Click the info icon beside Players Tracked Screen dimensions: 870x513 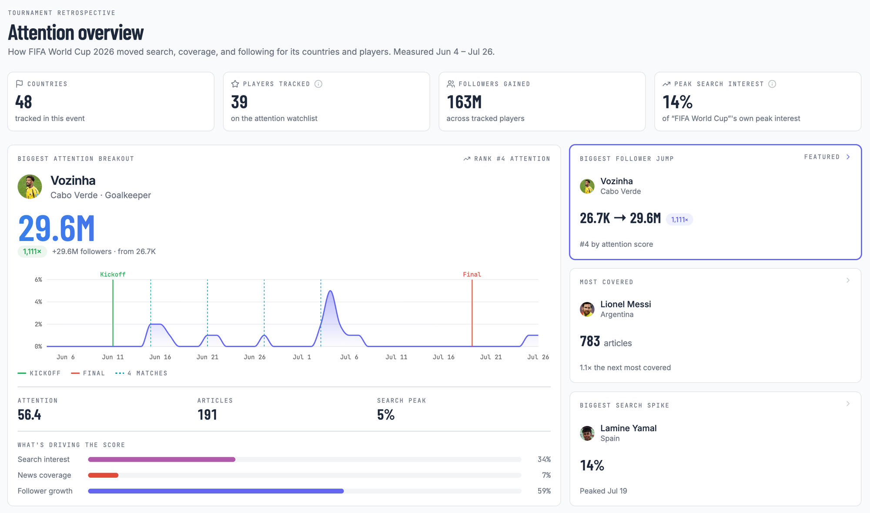click(x=318, y=84)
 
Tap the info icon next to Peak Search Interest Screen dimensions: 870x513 click(x=772, y=84)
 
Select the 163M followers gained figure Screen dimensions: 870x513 click(x=464, y=102)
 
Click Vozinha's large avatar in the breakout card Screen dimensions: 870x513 click(x=30, y=187)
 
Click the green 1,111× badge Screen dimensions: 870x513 click(x=32, y=251)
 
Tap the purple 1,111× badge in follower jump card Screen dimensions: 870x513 click(x=679, y=220)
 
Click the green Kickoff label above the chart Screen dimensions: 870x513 click(x=113, y=275)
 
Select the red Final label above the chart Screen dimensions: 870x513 click(x=472, y=275)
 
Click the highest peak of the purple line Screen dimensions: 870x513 click(x=331, y=291)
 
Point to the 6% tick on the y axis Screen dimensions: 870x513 click(x=38, y=279)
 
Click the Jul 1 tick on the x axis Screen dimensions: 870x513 click(x=302, y=357)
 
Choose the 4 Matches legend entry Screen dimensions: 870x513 click(x=141, y=373)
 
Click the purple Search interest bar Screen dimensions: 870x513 click(x=162, y=459)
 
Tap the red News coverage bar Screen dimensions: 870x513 click(x=103, y=475)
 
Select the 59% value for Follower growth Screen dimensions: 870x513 click(x=544, y=491)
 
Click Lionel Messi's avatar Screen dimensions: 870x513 click(x=587, y=309)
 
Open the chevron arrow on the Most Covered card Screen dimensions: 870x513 click(x=848, y=280)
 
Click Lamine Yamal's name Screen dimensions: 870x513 click(x=629, y=428)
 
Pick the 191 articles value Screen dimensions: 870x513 click(x=207, y=415)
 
